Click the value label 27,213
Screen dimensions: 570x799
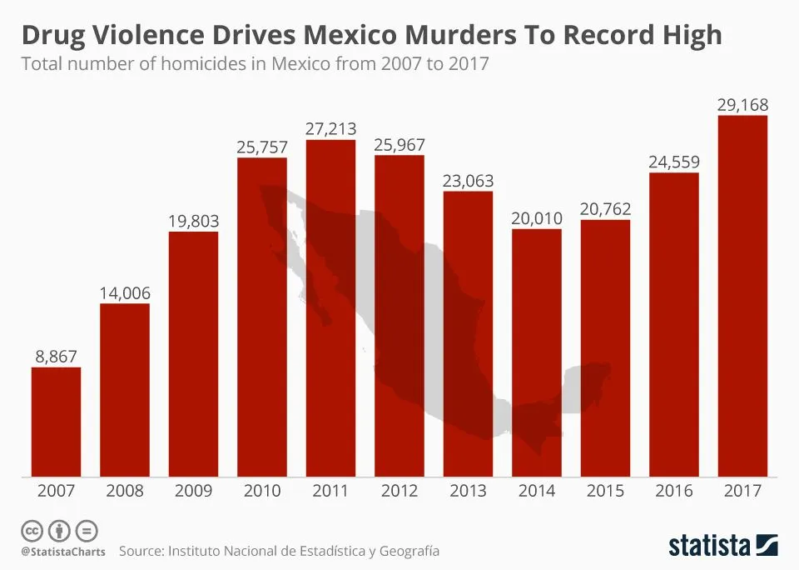click(x=330, y=128)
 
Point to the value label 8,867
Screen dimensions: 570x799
click(x=56, y=356)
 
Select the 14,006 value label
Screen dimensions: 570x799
click(x=125, y=292)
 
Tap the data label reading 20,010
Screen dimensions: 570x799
click(x=536, y=217)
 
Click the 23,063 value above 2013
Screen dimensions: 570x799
click(x=468, y=180)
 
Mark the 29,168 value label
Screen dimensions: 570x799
click(x=742, y=105)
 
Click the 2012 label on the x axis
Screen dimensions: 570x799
click(x=399, y=491)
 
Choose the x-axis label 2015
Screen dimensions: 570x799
click(x=605, y=491)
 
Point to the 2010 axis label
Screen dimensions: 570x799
click(x=261, y=491)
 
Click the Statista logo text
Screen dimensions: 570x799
click(x=709, y=547)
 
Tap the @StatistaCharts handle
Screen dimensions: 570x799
click(x=63, y=552)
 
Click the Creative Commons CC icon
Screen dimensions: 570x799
click(x=32, y=531)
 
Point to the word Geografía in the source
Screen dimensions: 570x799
click(x=409, y=551)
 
